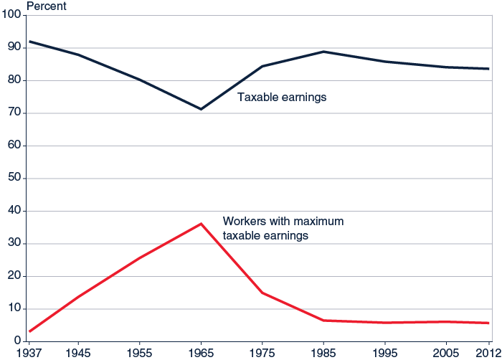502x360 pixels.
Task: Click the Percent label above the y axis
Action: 47,6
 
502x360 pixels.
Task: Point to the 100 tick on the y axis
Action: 12,16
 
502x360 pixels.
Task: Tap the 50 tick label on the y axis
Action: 15,179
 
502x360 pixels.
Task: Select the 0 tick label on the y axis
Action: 18,341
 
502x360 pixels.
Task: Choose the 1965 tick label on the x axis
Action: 202,352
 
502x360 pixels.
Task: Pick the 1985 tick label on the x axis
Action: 323,352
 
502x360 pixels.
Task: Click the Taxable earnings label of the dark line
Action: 282,97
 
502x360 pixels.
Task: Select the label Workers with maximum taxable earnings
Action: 283,228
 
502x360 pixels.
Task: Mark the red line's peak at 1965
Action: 202,224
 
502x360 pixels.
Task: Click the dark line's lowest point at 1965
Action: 202,109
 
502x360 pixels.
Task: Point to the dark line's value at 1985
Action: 323,52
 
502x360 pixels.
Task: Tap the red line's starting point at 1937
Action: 29,331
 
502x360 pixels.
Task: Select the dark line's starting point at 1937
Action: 29,42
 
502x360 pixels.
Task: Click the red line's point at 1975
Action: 262,293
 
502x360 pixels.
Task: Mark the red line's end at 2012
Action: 488,323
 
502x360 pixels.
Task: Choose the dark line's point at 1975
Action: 262,66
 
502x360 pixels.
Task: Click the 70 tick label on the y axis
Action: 15,113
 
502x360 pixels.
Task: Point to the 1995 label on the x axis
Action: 384,352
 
